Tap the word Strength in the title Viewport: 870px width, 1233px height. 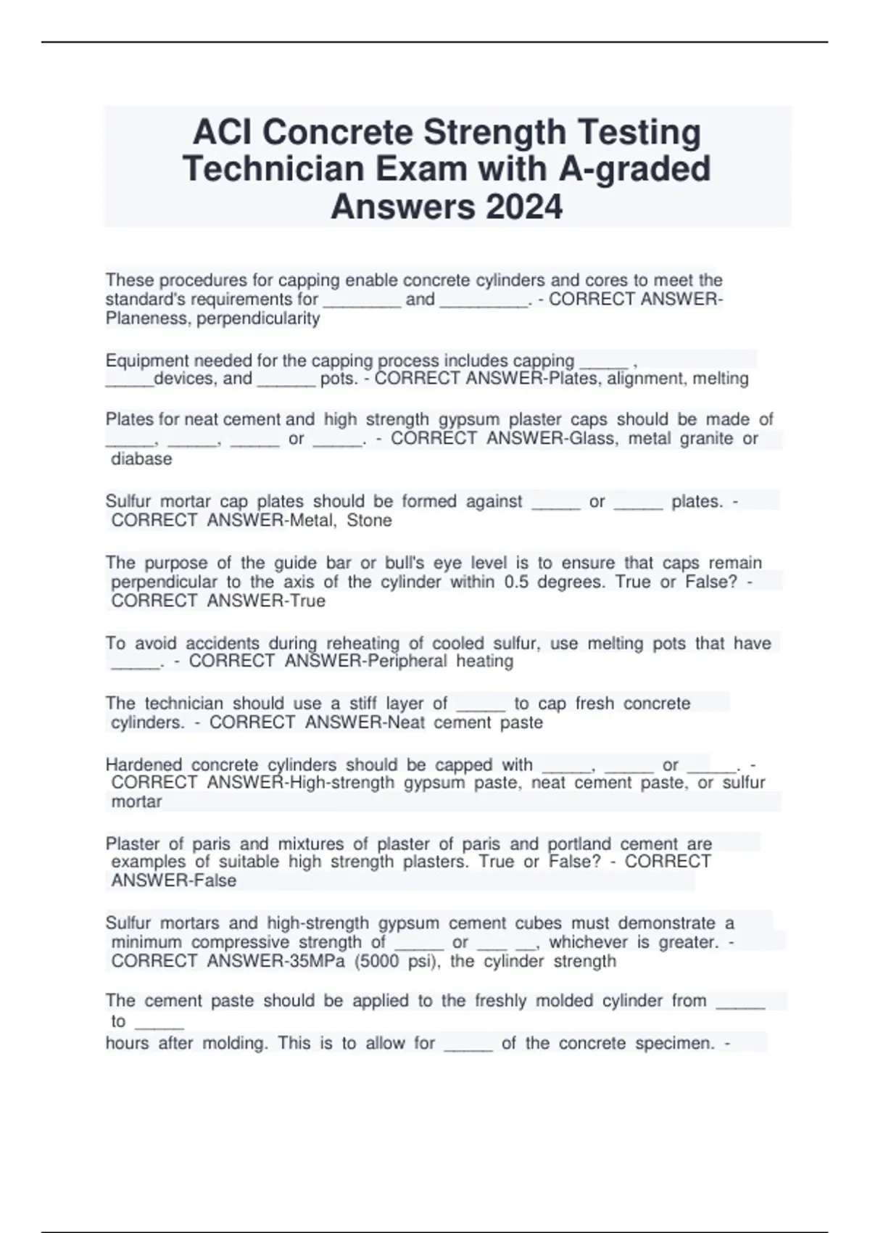(494, 132)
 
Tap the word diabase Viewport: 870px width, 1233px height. (141, 459)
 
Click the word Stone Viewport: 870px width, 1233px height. (369, 521)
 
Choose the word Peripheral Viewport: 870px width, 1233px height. (407, 661)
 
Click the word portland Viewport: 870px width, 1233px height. (579, 844)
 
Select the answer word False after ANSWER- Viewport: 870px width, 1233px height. (211, 881)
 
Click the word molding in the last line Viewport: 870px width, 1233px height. (235, 1044)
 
